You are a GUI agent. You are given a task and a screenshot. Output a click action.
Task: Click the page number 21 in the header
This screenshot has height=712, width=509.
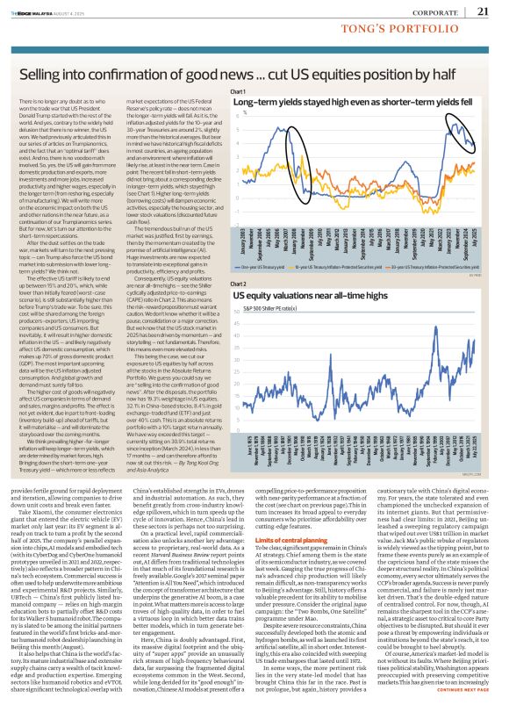[x=484, y=11]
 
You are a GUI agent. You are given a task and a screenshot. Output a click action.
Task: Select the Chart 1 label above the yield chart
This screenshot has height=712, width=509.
[x=237, y=91]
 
